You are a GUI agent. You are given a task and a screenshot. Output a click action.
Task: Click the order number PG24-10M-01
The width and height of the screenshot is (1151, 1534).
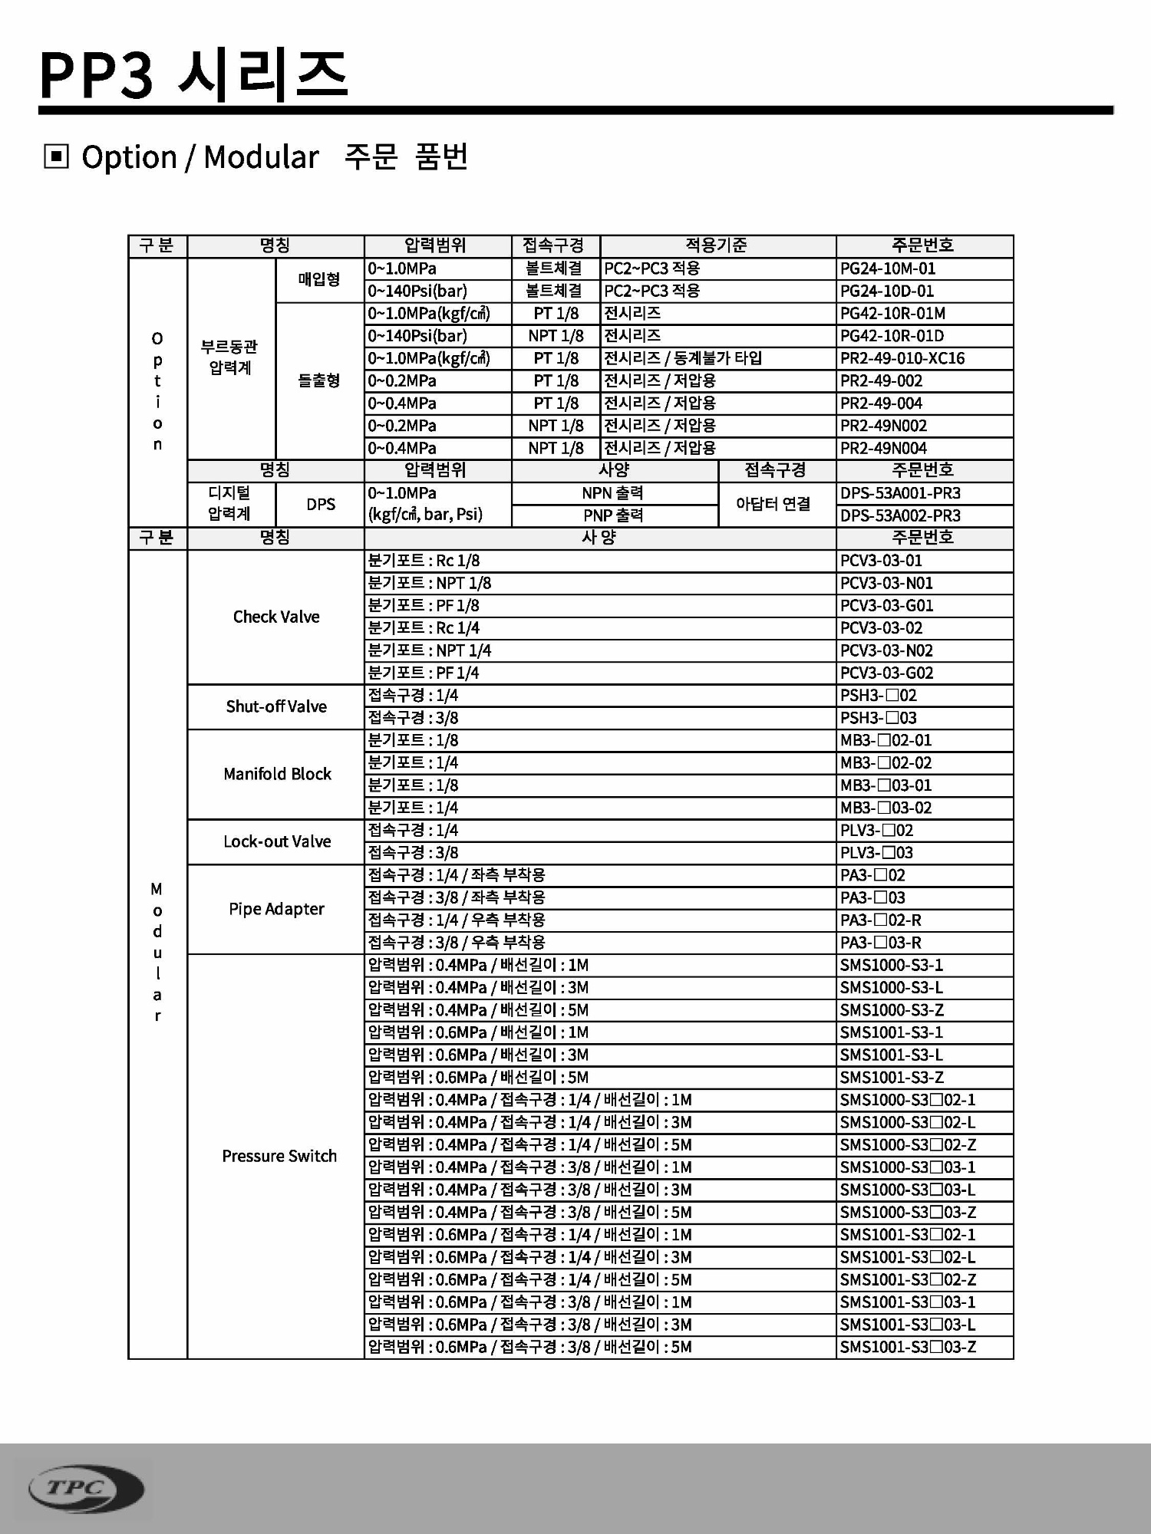pos(887,268)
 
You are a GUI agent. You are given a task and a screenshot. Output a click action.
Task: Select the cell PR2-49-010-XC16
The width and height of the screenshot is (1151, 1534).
pos(902,358)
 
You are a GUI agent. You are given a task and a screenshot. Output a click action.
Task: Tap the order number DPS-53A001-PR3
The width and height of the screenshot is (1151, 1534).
pos(899,493)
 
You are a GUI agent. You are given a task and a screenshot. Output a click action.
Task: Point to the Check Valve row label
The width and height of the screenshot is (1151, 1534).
pos(276,617)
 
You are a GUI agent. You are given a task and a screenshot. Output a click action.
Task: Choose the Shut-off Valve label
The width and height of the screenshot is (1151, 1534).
pos(276,706)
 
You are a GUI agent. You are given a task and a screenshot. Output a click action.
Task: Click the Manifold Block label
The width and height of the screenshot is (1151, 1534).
pos(277,774)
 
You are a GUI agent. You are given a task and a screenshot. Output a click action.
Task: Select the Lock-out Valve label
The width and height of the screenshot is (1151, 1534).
pos(277,841)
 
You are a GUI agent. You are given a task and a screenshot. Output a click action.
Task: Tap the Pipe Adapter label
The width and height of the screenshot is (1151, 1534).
pos(276,909)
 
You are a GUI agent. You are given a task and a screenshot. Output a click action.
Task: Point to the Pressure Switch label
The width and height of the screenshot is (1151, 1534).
pos(279,1156)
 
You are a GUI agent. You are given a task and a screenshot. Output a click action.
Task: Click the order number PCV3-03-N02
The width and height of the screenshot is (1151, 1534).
pos(886,650)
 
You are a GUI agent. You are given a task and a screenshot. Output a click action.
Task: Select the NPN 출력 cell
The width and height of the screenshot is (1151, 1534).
pos(612,493)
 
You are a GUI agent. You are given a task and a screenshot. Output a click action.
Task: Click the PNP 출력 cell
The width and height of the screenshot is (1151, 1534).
pos(612,515)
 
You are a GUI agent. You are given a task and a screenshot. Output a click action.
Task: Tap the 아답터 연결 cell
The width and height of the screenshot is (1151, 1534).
pos(773,504)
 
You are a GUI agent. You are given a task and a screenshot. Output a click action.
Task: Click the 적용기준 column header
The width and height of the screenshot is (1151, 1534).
pos(716,245)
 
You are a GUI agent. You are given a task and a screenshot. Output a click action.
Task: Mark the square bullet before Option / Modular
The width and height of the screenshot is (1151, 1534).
pos(57,157)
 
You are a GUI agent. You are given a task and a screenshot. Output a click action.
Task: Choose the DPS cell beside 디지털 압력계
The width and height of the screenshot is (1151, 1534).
pos(321,504)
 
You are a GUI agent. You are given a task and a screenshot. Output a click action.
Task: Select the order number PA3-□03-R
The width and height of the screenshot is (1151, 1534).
pos(880,943)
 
